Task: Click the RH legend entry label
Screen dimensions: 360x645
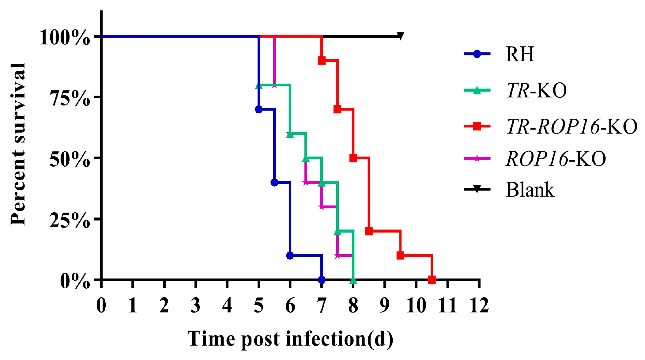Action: [520, 54]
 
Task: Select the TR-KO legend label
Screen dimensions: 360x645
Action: [536, 90]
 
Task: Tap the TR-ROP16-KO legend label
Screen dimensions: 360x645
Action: [571, 126]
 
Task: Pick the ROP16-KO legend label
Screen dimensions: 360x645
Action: [556, 159]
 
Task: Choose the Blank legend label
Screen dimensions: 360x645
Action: [530, 190]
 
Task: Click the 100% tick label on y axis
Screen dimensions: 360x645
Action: [65, 38]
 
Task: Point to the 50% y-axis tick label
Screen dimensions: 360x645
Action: [70, 159]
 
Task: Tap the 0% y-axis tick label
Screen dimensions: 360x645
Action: [75, 281]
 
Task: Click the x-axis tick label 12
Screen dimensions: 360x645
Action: [479, 305]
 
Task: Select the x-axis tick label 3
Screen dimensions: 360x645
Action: [195, 305]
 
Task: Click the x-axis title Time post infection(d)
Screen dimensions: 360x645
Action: [290, 339]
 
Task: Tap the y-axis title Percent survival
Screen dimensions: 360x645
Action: [18, 144]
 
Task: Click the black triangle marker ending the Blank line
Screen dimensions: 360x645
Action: [400, 36]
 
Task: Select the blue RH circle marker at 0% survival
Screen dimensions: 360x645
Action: [322, 280]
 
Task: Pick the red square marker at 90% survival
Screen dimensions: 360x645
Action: [322, 60]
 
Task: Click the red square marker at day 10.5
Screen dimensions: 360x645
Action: [432, 280]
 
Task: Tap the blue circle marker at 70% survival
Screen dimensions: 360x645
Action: [258, 109]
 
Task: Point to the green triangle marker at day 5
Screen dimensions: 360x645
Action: [259, 86]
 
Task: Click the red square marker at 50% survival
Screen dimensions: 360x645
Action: [353, 158]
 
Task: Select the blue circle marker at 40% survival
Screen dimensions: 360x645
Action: [274, 183]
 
